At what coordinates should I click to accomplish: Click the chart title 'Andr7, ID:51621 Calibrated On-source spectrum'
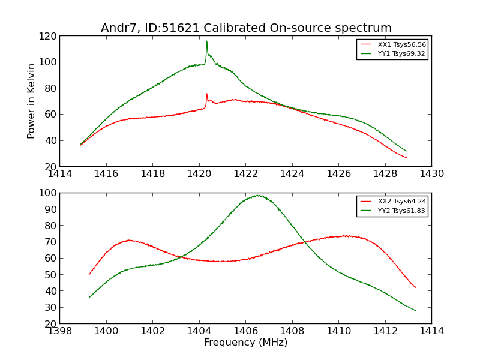coord(246,28)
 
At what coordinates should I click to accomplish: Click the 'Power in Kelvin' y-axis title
coord(31,101)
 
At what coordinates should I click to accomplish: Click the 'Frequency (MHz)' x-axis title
coord(245,343)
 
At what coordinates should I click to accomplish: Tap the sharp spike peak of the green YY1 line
coord(206,41)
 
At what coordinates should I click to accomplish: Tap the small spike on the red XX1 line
coord(206,94)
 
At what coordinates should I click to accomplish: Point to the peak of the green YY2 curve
coord(258,195)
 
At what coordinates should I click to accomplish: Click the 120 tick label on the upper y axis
coord(48,36)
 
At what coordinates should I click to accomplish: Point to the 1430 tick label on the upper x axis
coord(431,175)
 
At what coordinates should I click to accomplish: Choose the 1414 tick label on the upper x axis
coord(60,175)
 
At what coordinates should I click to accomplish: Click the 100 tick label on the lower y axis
coord(48,193)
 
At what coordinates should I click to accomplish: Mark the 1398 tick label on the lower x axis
coord(60,331)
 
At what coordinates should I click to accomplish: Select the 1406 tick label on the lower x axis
coord(245,331)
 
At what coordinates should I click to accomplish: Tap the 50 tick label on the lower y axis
coord(50,275)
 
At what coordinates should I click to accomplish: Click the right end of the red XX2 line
coord(415,287)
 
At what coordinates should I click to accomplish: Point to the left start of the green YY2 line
coord(89,298)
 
